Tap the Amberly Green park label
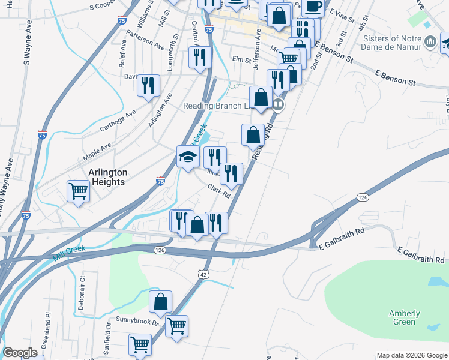(x=404, y=317)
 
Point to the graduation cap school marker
(x=188, y=157)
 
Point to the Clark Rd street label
(x=219, y=191)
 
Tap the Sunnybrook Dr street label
(x=137, y=322)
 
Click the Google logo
(x=20, y=353)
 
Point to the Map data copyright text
(x=411, y=355)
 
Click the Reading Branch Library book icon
(x=278, y=105)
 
